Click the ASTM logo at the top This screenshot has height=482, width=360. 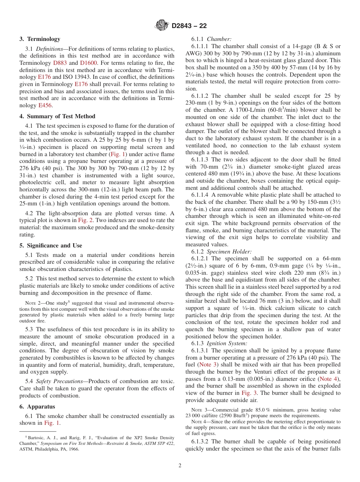pyautogui.click(x=162, y=26)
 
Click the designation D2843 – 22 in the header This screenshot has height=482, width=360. pyautogui.click(x=189, y=26)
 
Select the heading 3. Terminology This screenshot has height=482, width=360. pyautogui.click(x=40, y=39)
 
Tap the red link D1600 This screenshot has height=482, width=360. pyautogui.click(x=88, y=63)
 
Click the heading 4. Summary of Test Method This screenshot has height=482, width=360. pyautogui.click(x=57, y=116)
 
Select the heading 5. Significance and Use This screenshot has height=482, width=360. pyautogui.click(x=51, y=245)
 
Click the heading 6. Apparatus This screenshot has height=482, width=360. pyautogui.click(x=37, y=407)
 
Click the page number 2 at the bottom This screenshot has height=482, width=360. pyautogui.click(x=180, y=466)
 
